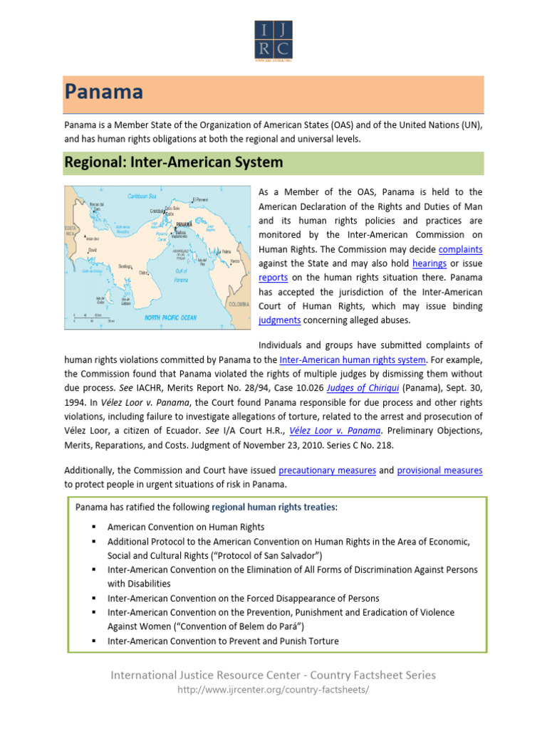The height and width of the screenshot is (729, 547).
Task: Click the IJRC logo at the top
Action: pos(273,41)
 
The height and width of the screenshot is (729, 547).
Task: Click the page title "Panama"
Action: pos(105,93)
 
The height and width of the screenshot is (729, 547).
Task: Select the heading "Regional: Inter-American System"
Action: pos(174,162)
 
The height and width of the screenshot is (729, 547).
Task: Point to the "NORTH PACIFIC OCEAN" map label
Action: pos(170,318)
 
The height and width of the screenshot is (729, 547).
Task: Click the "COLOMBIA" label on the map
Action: pos(238,304)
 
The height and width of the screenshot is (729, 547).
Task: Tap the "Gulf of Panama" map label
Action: pos(182,276)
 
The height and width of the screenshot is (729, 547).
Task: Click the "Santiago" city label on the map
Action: pos(126,266)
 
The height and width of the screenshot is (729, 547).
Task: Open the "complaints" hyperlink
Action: pos(460,249)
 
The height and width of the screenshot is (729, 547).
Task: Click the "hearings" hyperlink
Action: pos(429,263)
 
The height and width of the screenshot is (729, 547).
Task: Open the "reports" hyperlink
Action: pos(273,278)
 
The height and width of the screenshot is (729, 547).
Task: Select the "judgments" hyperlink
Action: pos(279,320)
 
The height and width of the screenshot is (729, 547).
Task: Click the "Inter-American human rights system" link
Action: pos(353,360)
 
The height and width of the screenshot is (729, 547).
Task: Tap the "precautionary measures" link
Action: pos(327,471)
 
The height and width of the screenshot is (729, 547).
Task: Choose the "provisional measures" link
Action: pos(439,471)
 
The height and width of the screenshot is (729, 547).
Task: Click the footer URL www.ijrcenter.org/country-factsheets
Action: pos(273,691)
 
